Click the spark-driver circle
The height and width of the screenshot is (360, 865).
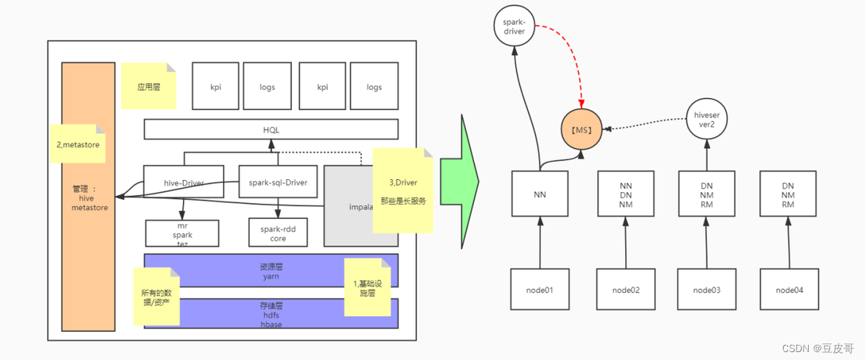[x=514, y=26]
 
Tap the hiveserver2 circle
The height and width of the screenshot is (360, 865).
[x=705, y=120]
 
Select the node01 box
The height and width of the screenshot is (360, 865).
[x=540, y=290]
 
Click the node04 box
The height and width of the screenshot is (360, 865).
[x=789, y=290]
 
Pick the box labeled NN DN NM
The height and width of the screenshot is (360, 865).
[x=625, y=194]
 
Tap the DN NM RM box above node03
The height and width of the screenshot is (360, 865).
[x=707, y=194]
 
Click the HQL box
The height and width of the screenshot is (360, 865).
[x=271, y=129]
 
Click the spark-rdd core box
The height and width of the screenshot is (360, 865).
[x=278, y=233]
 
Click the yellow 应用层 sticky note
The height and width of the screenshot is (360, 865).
[x=148, y=86]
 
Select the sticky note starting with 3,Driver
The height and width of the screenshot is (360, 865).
[x=403, y=190]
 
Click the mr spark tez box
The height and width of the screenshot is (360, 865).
[x=181, y=233]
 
